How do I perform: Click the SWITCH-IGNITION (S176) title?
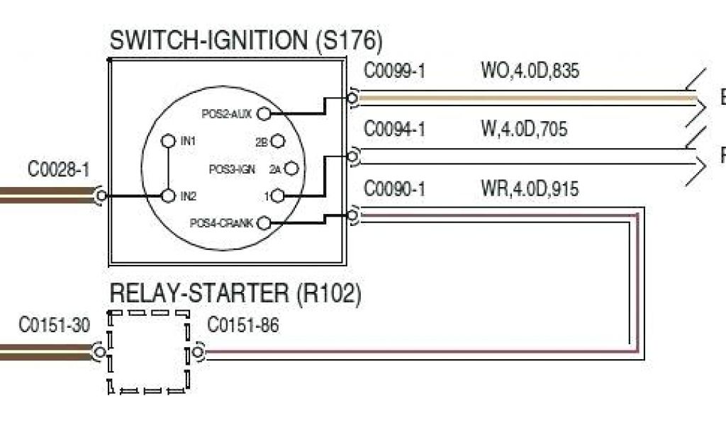[x=245, y=40]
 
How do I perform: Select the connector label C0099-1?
[x=394, y=72]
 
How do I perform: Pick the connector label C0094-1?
[x=394, y=130]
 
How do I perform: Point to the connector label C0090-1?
[x=394, y=189]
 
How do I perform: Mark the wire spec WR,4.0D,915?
[x=529, y=189]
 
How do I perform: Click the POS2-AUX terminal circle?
[x=264, y=113]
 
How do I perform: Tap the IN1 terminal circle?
[x=168, y=141]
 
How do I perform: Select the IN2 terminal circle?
[x=168, y=195]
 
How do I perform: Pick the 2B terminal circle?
[x=278, y=142]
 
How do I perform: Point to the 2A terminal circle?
[x=290, y=169]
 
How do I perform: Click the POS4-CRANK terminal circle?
[x=264, y=223]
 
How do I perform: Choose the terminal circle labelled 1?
[x=278, y=195]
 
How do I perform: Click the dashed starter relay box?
[x=148, y=351]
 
